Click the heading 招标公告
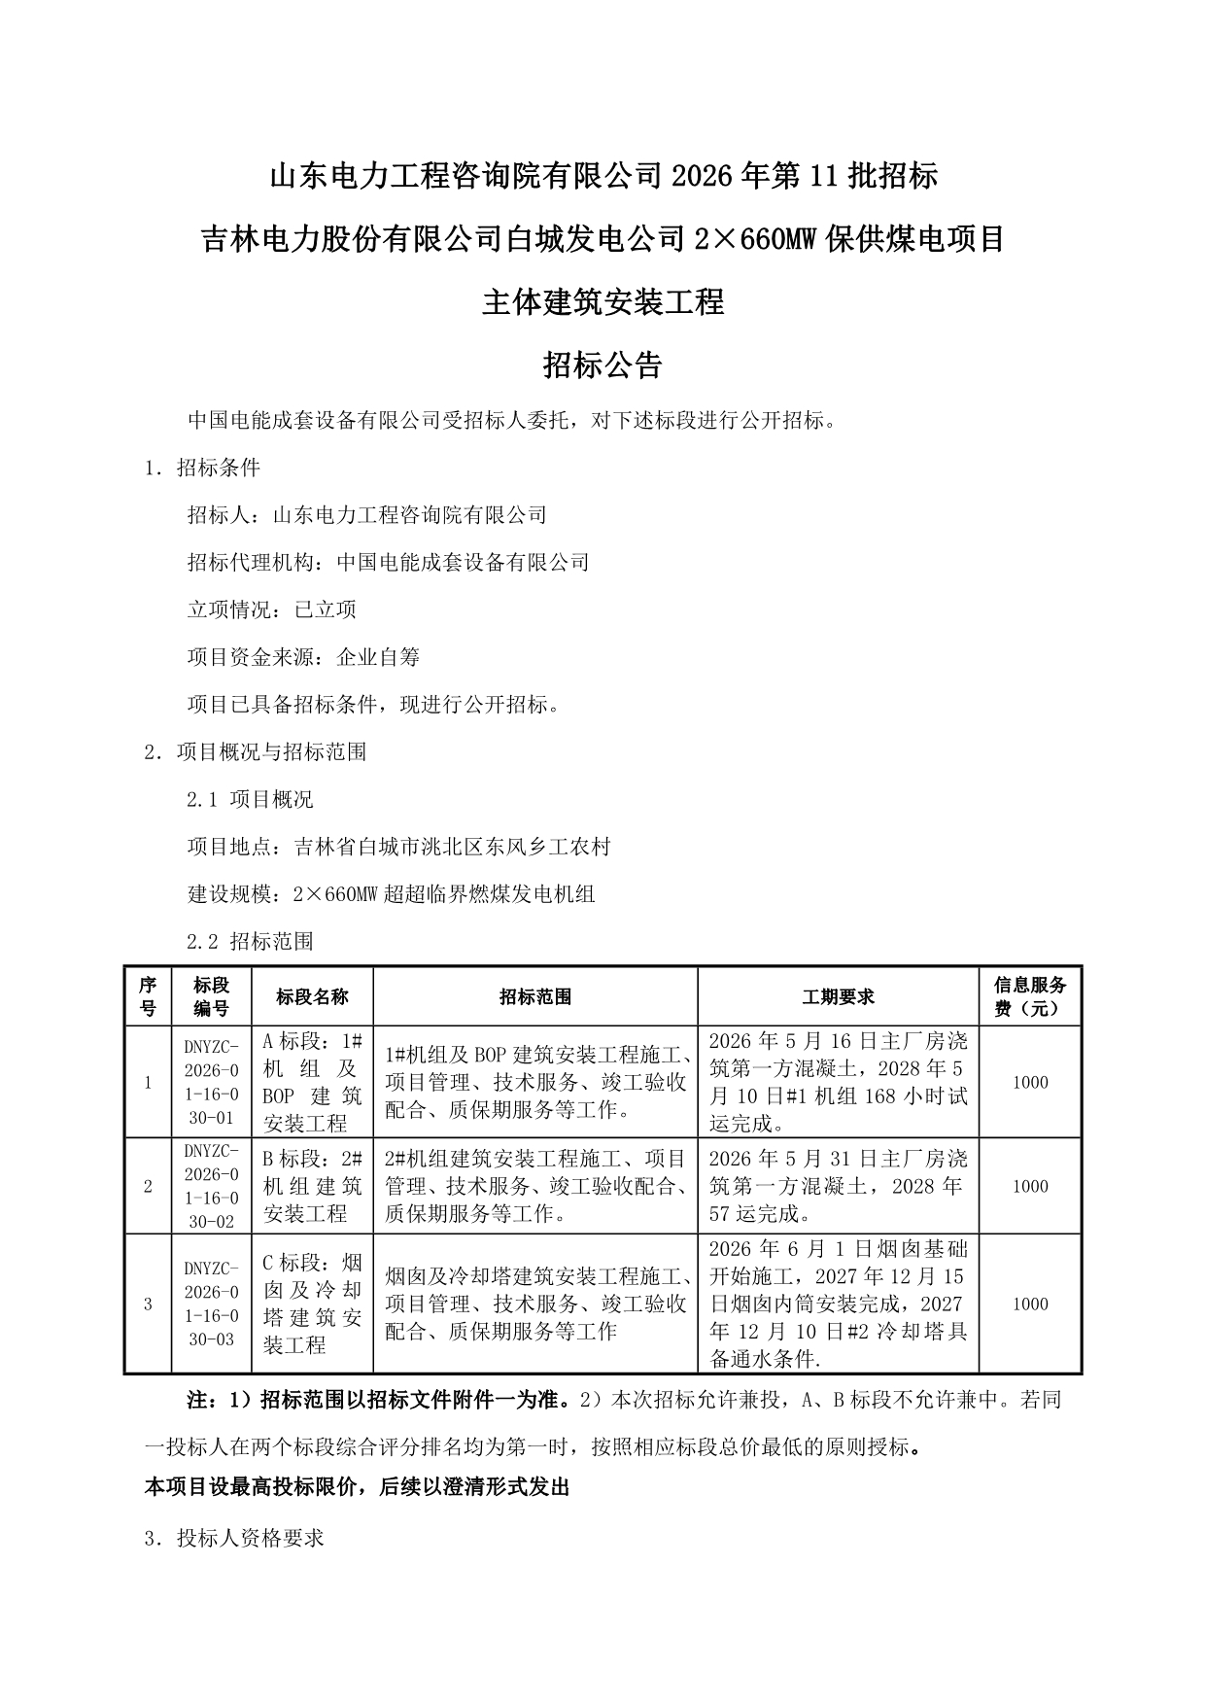(602, 365)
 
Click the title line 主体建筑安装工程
(602, 302)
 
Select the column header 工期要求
(838, 996)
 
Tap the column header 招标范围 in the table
(535, 996)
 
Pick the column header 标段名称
(312, 996)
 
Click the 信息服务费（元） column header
(1030, 996)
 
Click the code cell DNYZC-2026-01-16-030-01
(211, 1082)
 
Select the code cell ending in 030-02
(211, 1186)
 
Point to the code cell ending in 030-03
(211, 1304)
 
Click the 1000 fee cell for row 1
(1030, 1082)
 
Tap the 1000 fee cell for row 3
(1030, 1304)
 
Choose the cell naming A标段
(312, 1082)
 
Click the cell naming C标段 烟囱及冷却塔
(312, 1304)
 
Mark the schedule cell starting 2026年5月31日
(838, 1186)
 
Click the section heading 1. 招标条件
(202, 468)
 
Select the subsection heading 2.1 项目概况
(250, 799)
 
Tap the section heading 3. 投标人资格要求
(233, 1538)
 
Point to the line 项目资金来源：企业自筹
(303, 657)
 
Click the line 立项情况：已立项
(271, 609)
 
